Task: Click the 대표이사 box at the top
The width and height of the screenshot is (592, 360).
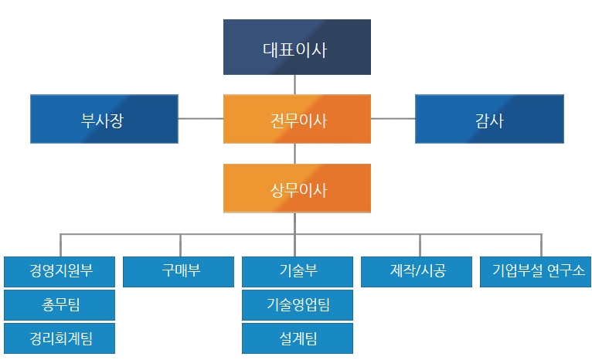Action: click(x=297, y=47)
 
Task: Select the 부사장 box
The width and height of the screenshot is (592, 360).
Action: click(x=104, y=119)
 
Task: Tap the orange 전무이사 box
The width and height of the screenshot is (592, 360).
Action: click(x=297, y=119)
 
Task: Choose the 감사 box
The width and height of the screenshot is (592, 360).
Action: click(x=489, y=119)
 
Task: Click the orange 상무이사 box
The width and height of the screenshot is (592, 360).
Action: click(x=297, y=188)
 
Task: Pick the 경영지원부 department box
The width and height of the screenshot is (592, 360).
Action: click(x=60, y=272)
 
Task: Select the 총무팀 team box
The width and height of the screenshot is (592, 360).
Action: click(x=60, y=305)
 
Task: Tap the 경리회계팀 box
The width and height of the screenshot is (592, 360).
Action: click(x=60, y=338)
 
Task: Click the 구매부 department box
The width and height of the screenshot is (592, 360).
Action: click(x=179, y=272)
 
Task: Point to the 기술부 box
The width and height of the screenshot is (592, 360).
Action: click(x=298, y=272)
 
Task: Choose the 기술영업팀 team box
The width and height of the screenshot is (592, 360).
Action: click(x=298, y=305)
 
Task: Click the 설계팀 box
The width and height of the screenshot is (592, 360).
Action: click(x=298, y=338)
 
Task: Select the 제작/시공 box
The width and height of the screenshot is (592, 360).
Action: click(x=417, y=272)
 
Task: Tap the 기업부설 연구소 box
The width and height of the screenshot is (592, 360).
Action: click(x=536, y=272)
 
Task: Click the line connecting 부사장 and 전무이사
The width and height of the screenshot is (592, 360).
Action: click(x=200, y=118)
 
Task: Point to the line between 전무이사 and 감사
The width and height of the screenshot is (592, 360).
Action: click(x=393, y=118)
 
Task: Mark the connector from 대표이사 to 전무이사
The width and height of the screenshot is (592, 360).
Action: click(x=295, y=84)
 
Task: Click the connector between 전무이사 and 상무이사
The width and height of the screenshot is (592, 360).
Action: click(x=295, y=154)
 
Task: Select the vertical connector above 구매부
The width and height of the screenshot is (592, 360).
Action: click(x=181, y=246)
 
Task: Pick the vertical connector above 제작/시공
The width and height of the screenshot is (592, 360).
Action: click(x=420, y=246)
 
